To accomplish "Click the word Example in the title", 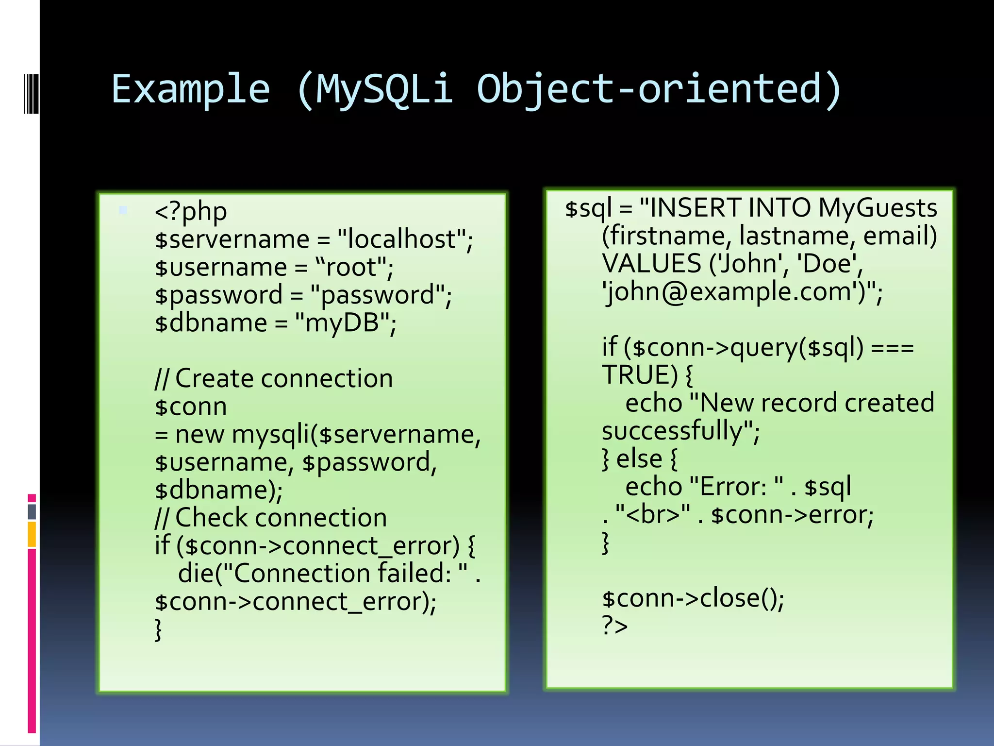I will (190, 89).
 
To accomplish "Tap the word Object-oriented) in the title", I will (659, 89).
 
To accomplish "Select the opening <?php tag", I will (191, 212).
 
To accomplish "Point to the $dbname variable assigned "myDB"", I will (211, 323).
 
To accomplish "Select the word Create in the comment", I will (214, 378).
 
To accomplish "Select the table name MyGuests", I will (878, 208).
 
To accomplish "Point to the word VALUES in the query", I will (651, 264).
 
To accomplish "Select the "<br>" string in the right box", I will (653, 515).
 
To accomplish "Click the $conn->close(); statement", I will (693, 598).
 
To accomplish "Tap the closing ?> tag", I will (614, 626).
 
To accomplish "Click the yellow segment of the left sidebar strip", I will (32, 534).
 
